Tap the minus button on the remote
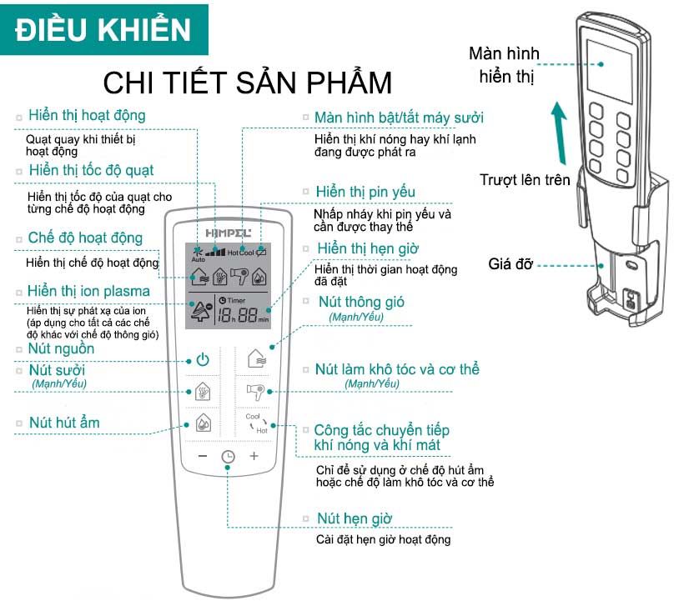click(203, 456)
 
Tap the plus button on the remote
click(254, 456)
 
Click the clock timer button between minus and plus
click(228, 457)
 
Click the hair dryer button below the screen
click(255, 392)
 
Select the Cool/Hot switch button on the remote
click(257, 423)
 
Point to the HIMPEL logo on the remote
click(228, 233)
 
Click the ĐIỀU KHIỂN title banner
click(104, 30)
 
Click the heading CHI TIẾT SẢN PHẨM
click(248, 83)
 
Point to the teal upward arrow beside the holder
click(560, 133)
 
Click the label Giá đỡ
click(510, 264)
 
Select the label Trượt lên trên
click(525, 179)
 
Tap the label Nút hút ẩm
click(64, 423)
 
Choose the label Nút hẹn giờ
click(355, 518)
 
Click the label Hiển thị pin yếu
click(365, 192)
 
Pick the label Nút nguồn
click(61, 348)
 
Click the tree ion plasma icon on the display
click(201, 310)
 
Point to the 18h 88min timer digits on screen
click(243, 315)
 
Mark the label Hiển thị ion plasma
click(88, 291)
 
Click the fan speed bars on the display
click(215, 253)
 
